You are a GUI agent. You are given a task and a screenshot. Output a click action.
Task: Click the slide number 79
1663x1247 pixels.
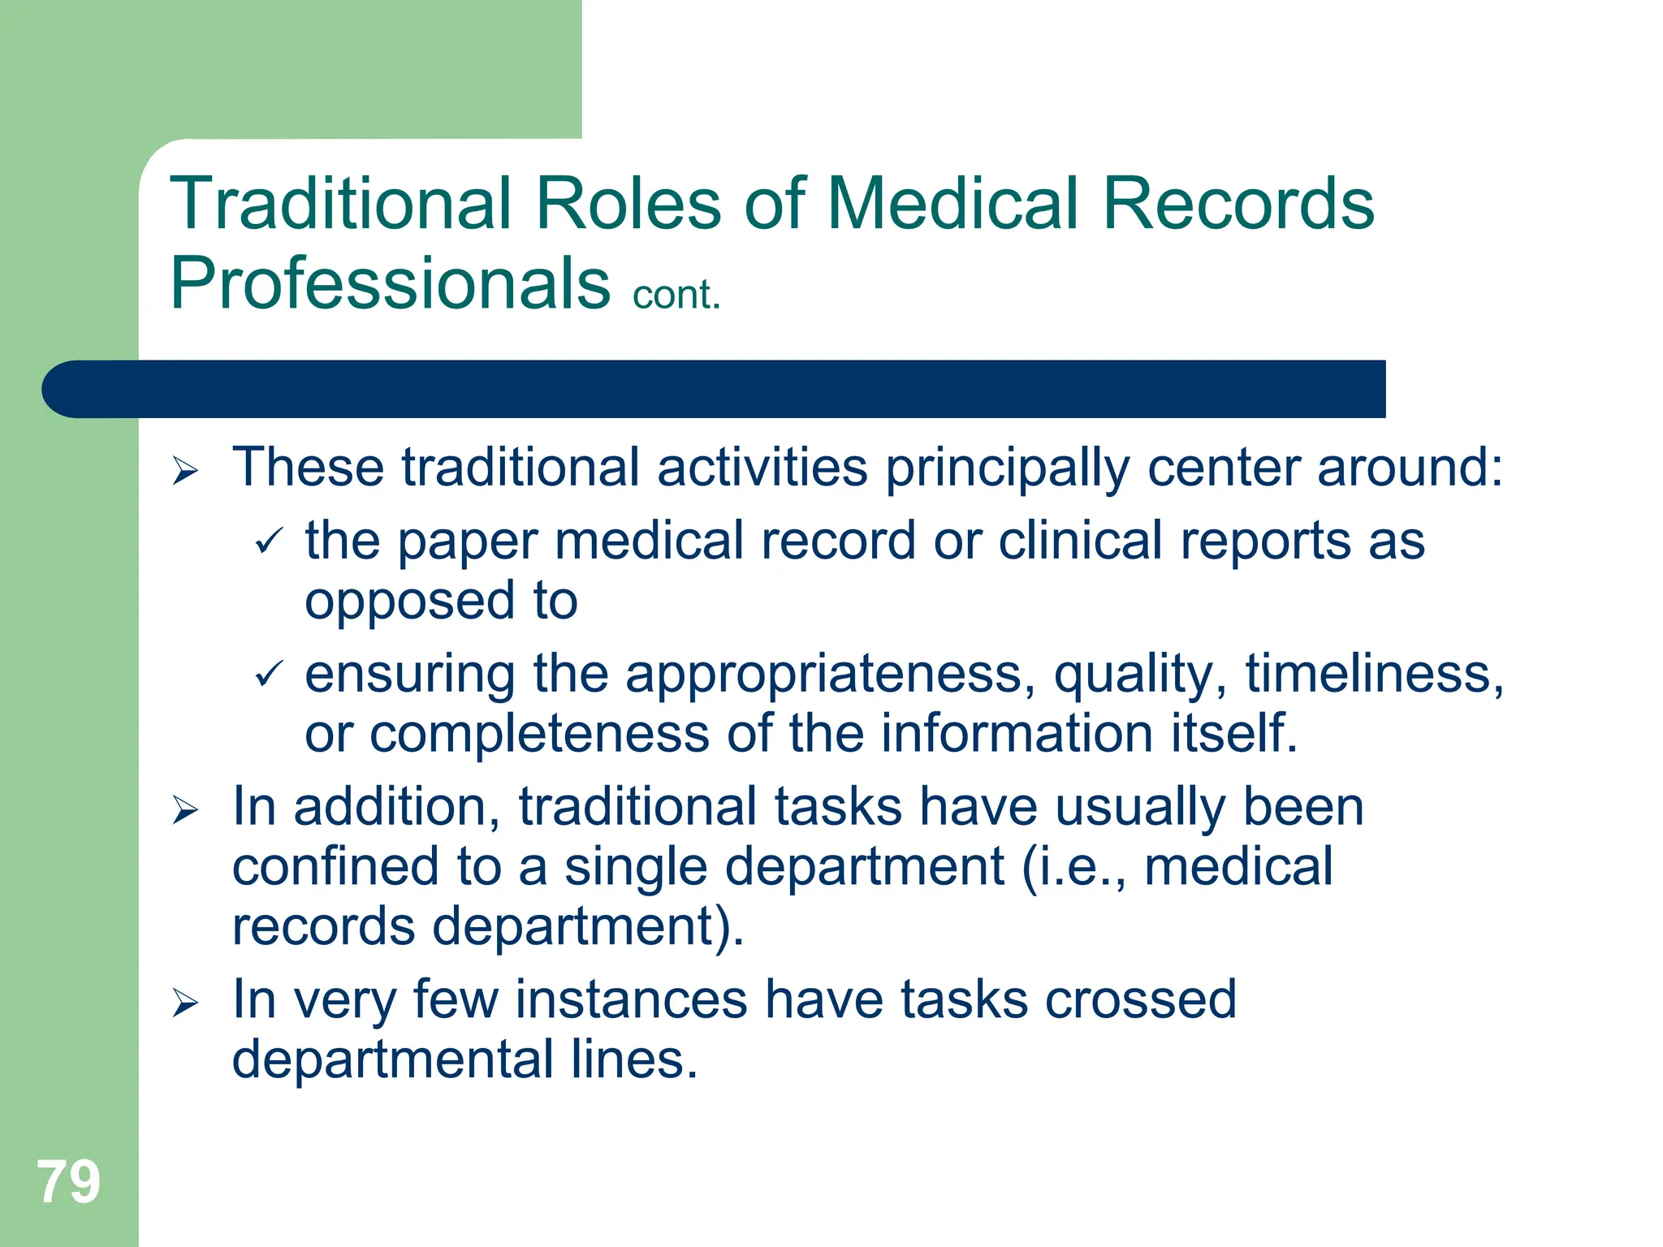point(68,1182)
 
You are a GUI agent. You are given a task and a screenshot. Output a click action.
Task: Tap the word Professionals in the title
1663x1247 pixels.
point(390,283)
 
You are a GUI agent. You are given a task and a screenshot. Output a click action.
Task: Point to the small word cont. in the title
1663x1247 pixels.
point(676,295)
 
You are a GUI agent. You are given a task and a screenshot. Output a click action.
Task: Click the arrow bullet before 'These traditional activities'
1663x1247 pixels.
point(185,471)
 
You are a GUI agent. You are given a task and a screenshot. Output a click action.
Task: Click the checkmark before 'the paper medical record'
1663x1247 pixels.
point(269,541)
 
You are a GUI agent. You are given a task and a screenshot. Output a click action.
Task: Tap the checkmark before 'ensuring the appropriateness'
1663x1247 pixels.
point(269,674)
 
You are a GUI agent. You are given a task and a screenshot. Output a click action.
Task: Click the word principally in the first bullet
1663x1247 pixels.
point(1007,469)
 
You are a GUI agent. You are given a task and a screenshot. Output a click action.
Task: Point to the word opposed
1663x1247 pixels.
point(410,602)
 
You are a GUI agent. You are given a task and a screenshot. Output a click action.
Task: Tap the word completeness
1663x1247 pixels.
point(539,733)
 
